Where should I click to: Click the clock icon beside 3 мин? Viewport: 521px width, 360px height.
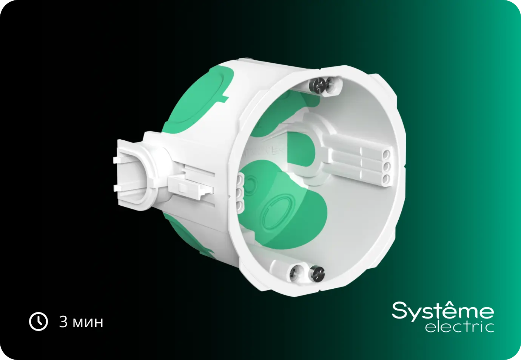[x=39, y=322]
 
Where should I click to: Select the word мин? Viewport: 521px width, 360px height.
[x=88, y=323]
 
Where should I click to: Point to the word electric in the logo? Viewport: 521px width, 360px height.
[x=459, y=327]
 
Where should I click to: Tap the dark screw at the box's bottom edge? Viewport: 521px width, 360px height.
[x=316, y=274]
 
